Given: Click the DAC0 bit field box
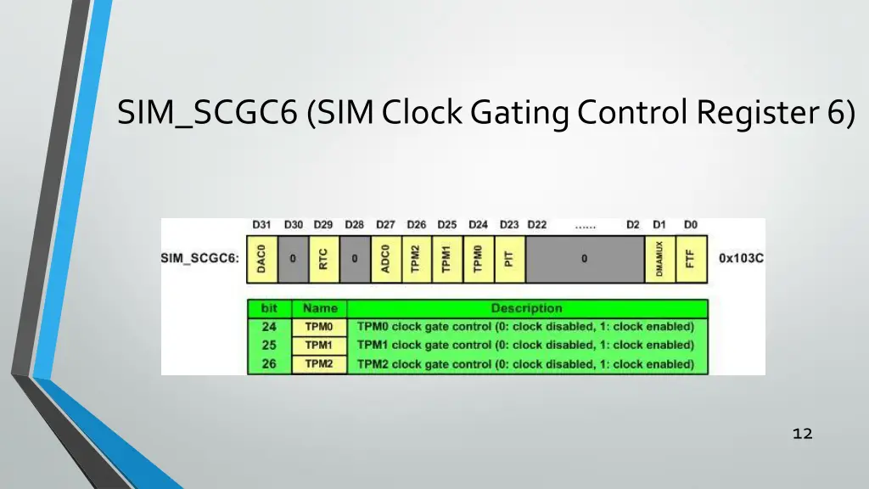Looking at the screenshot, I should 261,259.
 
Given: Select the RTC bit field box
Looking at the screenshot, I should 323,259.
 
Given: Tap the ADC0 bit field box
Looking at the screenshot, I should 385,259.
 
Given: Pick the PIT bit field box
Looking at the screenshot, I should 509,259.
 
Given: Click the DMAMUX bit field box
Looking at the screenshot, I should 659,259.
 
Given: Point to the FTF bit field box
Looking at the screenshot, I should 691,259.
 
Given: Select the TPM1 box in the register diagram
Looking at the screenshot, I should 447,259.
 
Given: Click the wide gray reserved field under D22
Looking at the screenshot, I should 584,259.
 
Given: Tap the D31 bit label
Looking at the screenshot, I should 261,225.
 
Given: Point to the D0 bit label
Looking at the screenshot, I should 691,225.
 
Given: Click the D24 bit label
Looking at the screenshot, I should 478,225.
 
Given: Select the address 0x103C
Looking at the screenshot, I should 741,258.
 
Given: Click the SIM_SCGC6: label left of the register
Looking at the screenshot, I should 200,258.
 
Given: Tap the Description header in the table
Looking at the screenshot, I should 526,308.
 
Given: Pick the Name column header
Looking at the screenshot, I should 319,308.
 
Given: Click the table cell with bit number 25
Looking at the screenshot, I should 269,346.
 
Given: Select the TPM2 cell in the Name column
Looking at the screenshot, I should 319,364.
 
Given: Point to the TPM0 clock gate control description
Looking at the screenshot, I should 525,327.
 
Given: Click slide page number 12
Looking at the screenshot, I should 802,434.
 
